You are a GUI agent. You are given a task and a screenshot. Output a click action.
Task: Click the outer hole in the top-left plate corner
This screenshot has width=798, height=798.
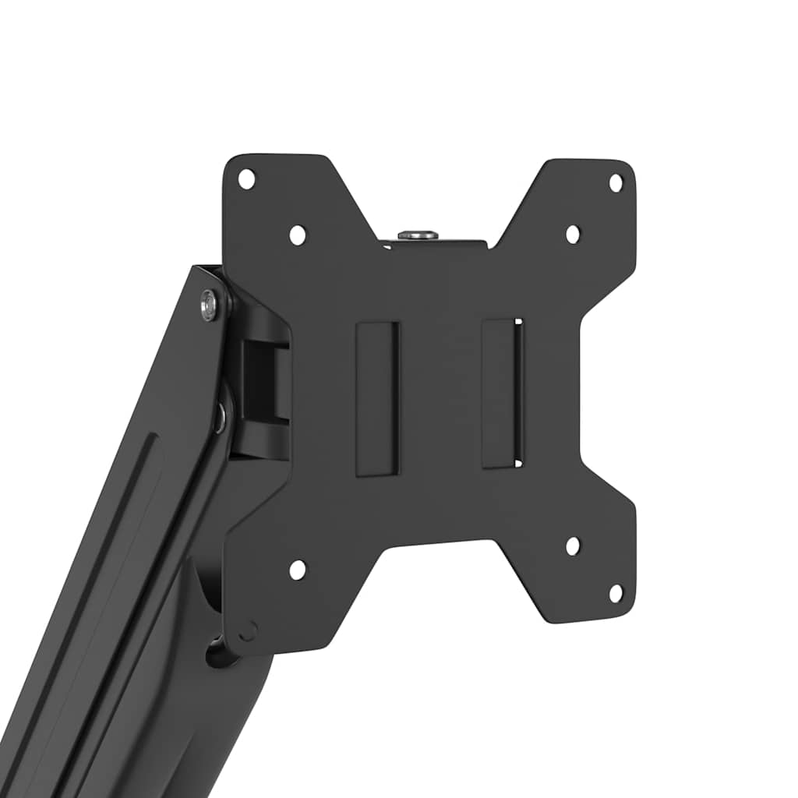point(246,178)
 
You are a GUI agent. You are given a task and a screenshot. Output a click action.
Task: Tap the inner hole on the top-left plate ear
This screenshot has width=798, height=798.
point(298,235)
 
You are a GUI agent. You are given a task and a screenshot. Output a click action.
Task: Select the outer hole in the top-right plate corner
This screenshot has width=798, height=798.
point(616,182)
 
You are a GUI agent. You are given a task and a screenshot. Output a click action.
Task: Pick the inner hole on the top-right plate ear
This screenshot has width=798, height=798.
point(573,234)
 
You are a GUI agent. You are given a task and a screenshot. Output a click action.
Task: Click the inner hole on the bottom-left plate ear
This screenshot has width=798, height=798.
point(298,570)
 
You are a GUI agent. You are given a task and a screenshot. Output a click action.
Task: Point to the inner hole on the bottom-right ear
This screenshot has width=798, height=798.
point(573,546)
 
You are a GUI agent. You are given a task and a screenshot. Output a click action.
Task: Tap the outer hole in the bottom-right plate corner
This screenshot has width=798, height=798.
point(616,593)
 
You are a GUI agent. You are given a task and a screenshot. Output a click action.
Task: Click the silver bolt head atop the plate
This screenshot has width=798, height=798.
point(418,234)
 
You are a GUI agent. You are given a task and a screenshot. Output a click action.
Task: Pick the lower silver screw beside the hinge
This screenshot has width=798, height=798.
point(220,417)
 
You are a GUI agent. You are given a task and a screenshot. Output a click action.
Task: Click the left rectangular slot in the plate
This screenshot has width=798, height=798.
point(377,397)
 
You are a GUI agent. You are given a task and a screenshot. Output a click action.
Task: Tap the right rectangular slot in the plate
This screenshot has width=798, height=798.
point(502,394)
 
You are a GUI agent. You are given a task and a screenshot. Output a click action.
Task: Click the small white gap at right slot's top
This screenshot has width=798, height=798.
point(518,321)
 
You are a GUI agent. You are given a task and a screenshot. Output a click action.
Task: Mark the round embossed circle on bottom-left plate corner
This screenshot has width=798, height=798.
point(247,630)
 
